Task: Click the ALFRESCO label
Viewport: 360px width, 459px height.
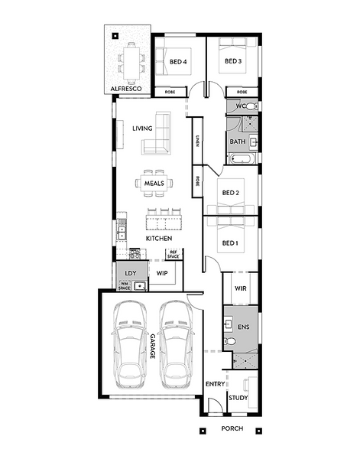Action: tap(126, 89)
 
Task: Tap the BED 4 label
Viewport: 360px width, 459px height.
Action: tap(178, 62)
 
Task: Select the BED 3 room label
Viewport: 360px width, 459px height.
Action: tap(233, 61)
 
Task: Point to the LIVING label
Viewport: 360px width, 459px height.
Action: tap(142, 129)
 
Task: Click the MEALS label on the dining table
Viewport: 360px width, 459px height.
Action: tap(154, 184)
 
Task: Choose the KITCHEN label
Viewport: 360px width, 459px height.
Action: tap(159, 239)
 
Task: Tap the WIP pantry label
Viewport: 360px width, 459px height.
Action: tap(162, 273)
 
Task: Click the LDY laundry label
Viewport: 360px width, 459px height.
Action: tap(131, 273)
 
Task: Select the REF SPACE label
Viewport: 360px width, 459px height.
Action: tap(174, 255)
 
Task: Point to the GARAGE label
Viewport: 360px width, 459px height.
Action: tap(153, 347)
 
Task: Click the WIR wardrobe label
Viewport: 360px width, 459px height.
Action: tap(241, 288)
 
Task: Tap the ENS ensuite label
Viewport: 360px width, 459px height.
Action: tap(244, 327)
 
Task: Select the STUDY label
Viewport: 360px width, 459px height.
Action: tap(238, 398)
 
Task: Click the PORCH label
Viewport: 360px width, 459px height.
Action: tap(232, 428)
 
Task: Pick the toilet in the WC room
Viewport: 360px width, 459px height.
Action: tap(251, 106)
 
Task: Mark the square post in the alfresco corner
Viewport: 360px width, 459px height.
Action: tap(115, 36)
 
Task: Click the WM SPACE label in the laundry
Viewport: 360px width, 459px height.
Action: tap(125, 286)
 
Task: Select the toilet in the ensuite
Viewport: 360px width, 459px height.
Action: tap(229, 341)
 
